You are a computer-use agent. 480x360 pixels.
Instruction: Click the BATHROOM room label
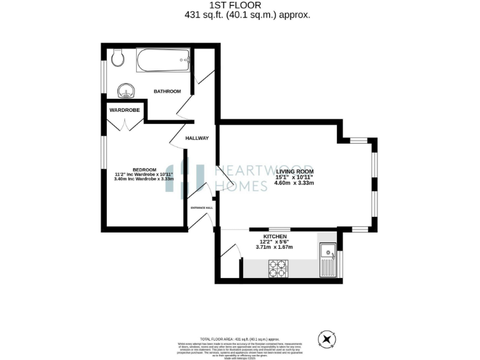point(167,91)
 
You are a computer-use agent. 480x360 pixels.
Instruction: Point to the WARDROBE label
point(124,110)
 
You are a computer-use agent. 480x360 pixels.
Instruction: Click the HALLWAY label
point(197,138)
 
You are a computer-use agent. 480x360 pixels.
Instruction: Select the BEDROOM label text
point(144,169)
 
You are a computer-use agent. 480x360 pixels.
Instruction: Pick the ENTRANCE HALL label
point(202,207)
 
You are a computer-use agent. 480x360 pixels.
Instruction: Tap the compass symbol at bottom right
point(326,339)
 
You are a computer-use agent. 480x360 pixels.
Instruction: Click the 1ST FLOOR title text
point(239,5)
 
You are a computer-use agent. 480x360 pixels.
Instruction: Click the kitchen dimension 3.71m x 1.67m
point(274,247)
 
